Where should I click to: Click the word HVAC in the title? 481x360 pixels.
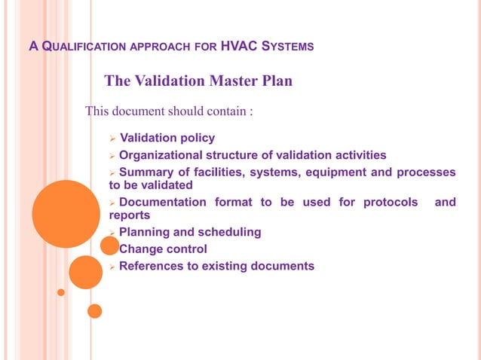pos(240,47)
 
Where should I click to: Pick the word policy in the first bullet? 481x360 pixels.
pos(197,138)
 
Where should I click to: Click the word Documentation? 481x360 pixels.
pos(162,202)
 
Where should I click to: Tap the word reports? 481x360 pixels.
pos(124,215)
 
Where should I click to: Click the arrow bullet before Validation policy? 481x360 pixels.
pos(112,139)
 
